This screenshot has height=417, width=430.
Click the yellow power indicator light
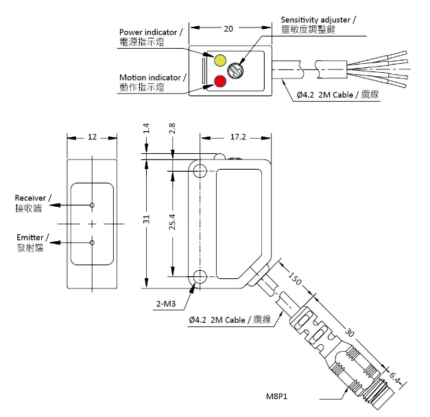(x=220, y=60)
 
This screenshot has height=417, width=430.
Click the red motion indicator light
(x=220, y=81)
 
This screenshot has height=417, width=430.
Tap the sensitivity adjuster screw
(x=235, y=70)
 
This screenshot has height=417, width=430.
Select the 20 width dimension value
(x=228, y=29)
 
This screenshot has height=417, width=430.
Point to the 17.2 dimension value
(x=238, y=137)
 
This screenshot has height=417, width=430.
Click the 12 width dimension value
(x=92, y=137)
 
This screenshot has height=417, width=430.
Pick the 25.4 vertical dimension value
(x=172, y=222)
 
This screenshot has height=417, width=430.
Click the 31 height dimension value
(x=146, y=219)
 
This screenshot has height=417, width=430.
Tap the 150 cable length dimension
(x=295, y=278)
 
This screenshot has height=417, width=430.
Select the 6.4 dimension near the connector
(x=394, y=378)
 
